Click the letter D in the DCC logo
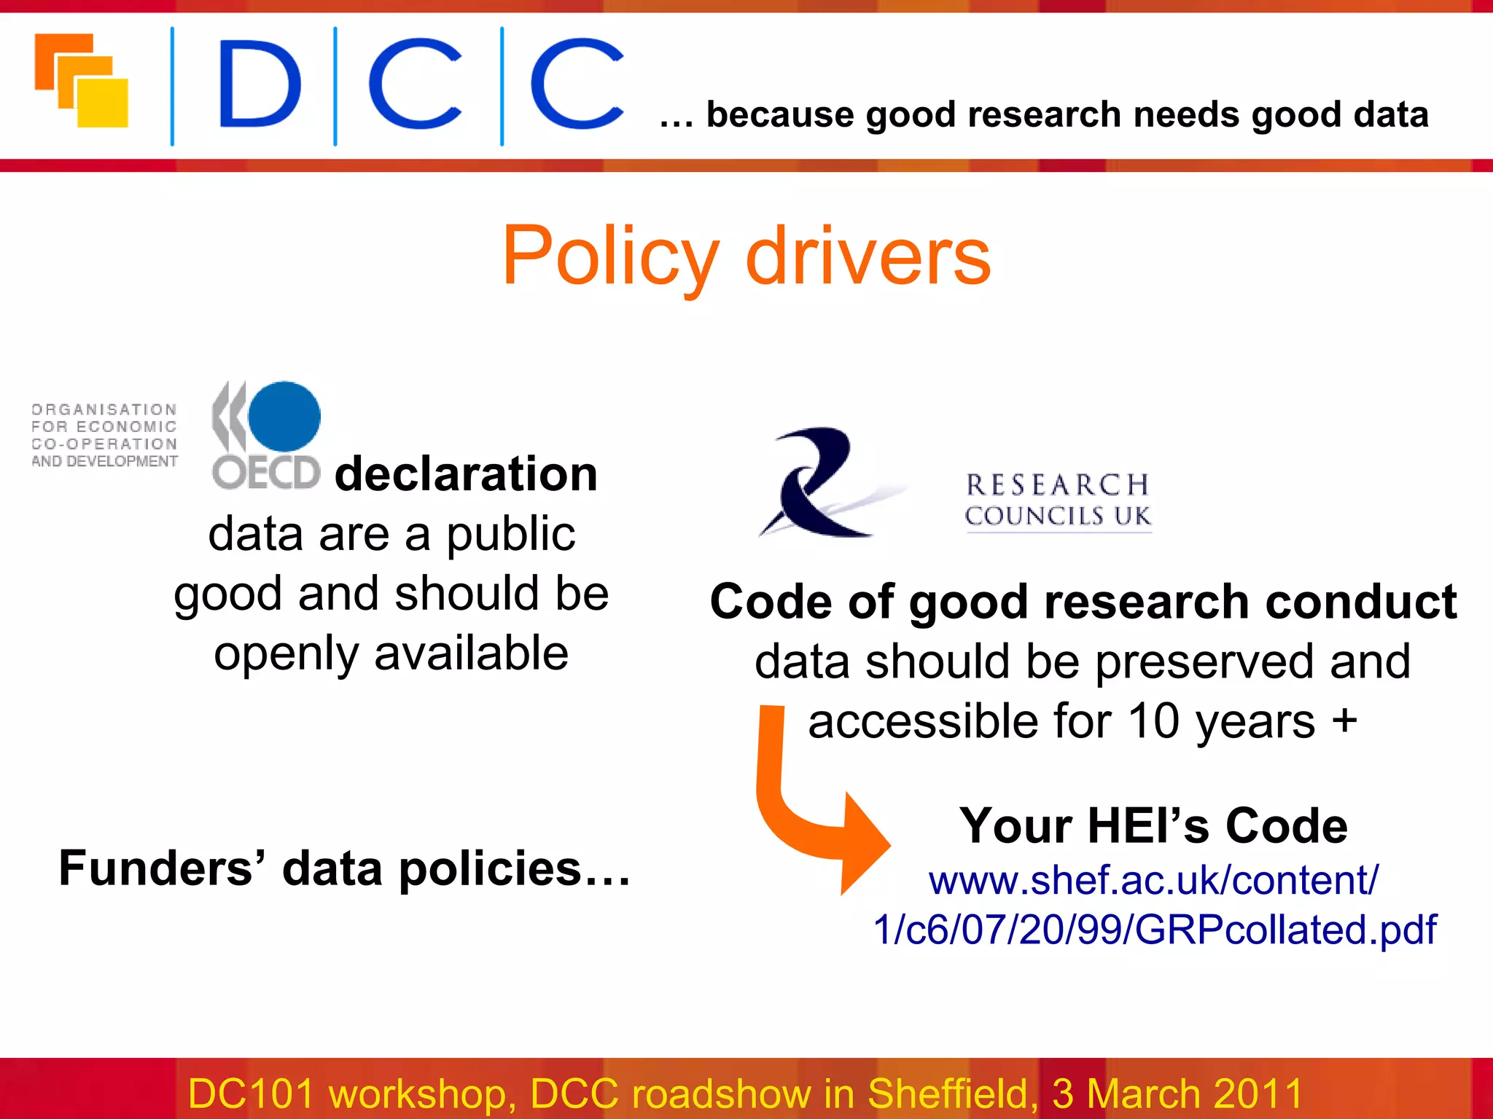[259, 84]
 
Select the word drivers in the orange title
[868, 256]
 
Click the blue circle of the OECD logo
[284, 416]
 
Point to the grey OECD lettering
[266, 473]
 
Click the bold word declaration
[466, 474]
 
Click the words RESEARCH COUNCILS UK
[1058, 500]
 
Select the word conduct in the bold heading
[1360, 602]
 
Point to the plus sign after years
[1344, 721]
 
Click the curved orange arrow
[809, 816]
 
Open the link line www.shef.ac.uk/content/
[1153, 880]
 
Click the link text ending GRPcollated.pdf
[1155, 930]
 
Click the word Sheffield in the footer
[952, 1094]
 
